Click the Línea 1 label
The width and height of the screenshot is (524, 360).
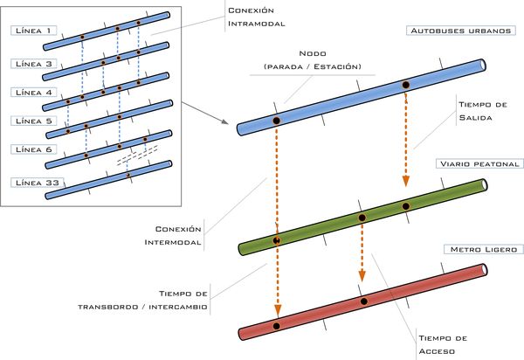(33, 31)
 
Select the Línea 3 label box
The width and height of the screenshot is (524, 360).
(33, 64)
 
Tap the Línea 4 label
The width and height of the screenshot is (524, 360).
(33, 93)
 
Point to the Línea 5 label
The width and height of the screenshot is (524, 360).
(33, 121)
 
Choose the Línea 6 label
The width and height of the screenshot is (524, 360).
(33, 149)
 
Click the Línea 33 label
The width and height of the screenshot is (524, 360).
(37, 183)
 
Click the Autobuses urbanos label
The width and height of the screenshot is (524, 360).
(461, 31)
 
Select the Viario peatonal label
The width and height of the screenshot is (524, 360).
(479, 163)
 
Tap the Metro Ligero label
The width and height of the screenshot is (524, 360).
(484, 249)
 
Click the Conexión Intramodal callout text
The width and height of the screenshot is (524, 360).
(256, 17)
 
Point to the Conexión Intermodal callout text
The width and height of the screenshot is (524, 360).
(173, 236)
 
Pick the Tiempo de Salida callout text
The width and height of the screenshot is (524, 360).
(483, 111)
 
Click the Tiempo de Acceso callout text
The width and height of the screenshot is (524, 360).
(443, 344)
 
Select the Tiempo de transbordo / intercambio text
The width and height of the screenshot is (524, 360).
(143, 301)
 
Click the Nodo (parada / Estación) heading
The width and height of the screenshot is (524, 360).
(313, 59)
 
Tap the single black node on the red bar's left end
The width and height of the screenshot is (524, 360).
(276, 326)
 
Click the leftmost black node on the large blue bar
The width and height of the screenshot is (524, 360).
(276, 121)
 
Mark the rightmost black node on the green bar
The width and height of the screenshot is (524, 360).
(406, 206)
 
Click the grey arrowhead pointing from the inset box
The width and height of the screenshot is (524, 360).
(225, 121)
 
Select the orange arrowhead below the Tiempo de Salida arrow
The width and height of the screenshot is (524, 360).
(406, 181)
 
